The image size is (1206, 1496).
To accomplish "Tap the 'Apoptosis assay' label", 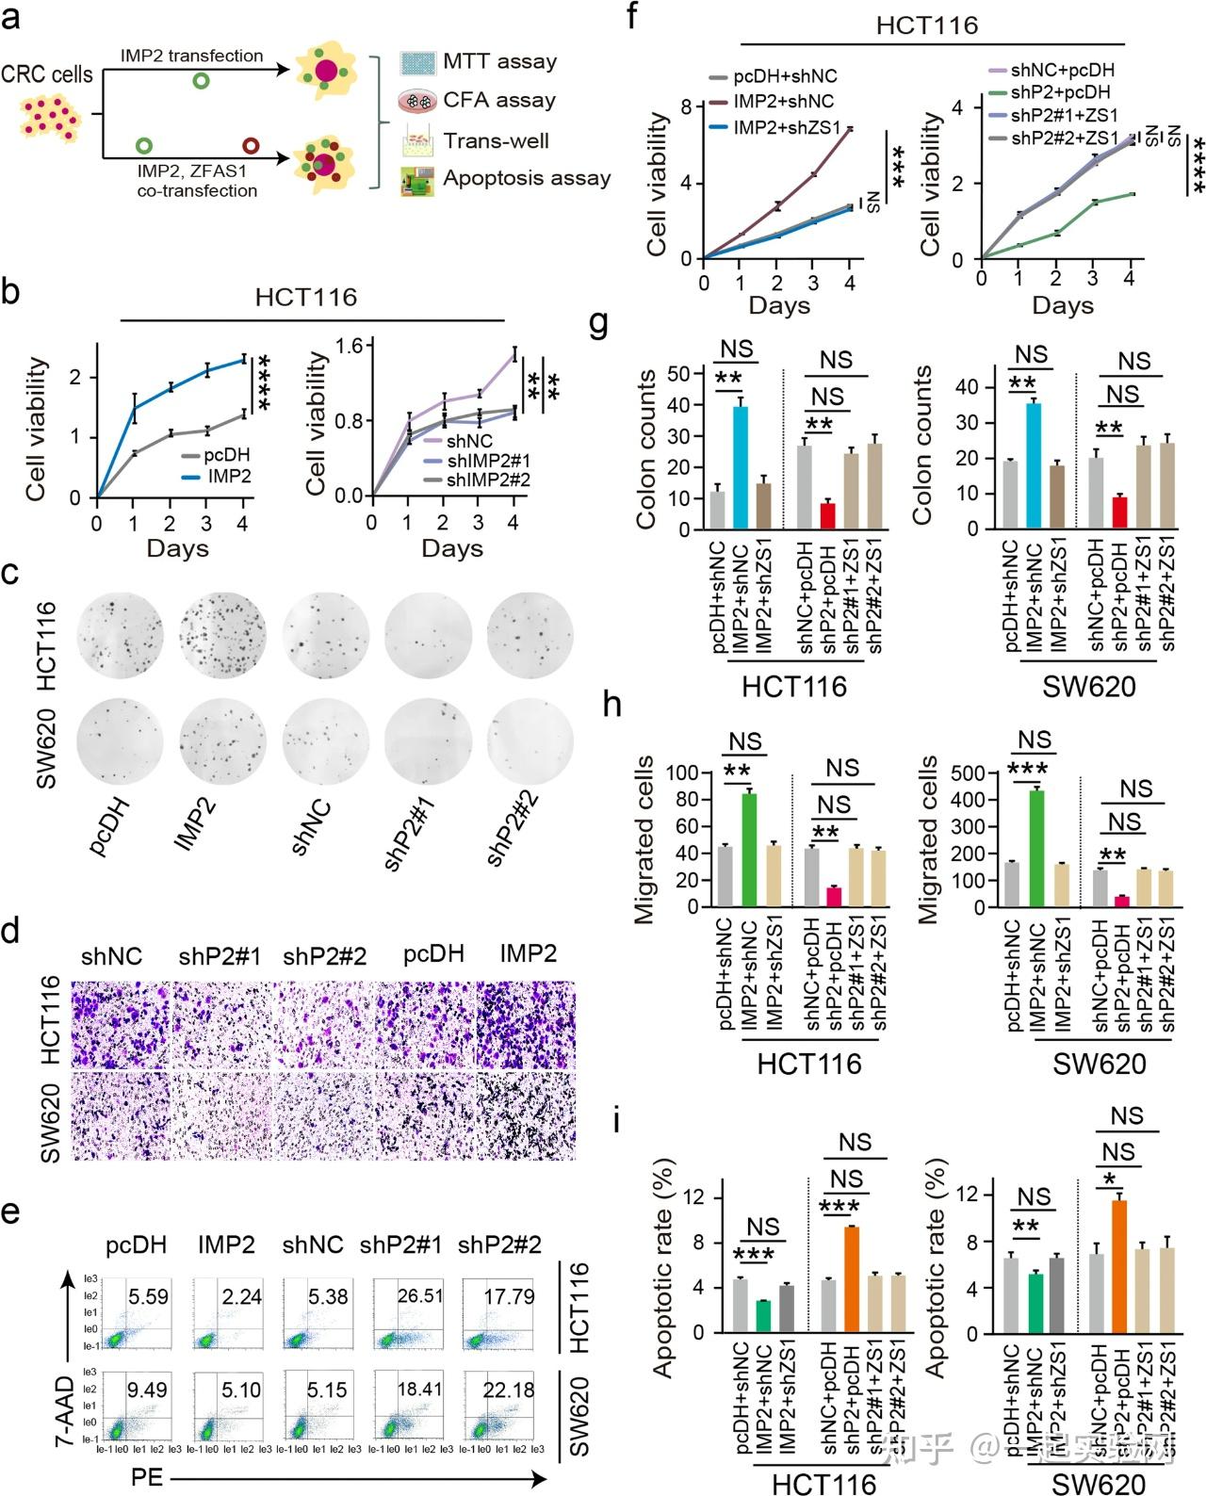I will tap(527, 178).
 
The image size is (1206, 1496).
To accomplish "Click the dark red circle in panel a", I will tap(252, 146).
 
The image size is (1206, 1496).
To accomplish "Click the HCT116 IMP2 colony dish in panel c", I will tap(220, 638).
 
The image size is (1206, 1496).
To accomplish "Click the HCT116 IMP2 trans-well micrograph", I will tap(527, 1024).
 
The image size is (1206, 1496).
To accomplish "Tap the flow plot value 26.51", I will tap(420, 1296).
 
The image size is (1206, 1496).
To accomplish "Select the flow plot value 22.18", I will tap(510, 1390).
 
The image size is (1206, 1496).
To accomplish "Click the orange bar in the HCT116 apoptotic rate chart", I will tap(851, 1279).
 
